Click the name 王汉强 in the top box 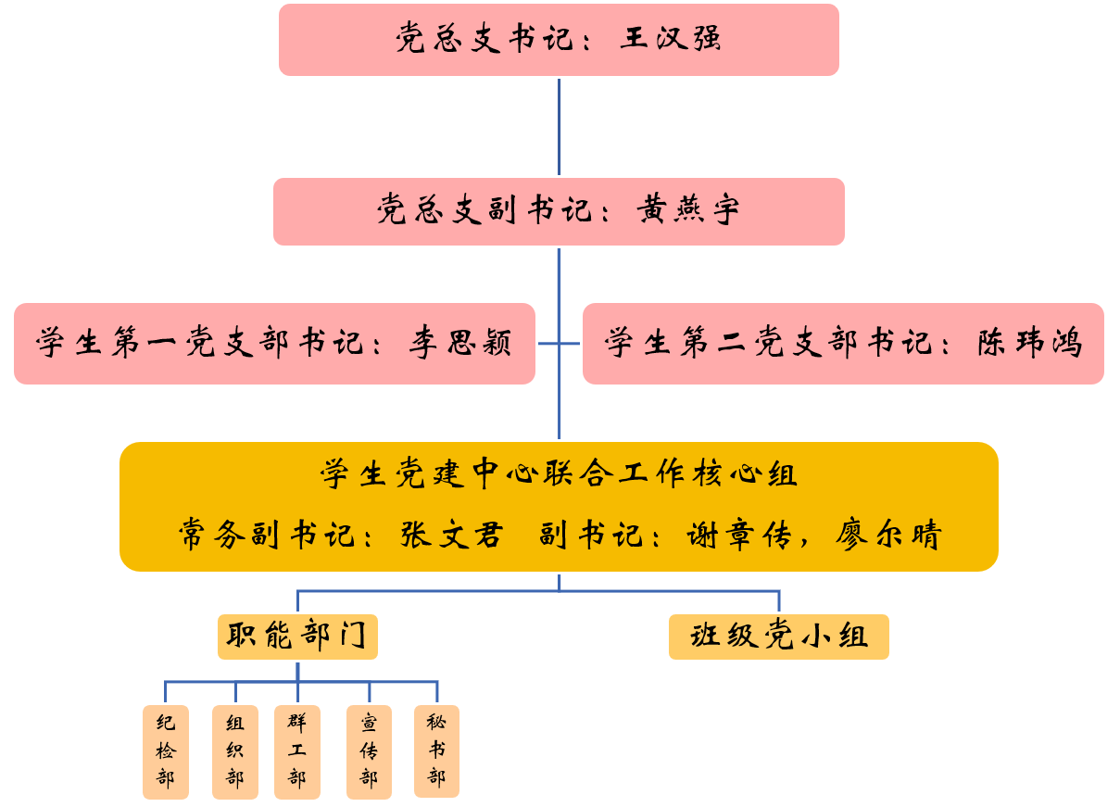click(x=671, y=39)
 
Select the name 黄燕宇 click(x=688, y=210)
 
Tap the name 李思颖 click(x=460, y=344)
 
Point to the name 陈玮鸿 click(x=1030, y=344)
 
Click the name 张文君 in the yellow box click(x=451, y=536)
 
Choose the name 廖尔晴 click(x=888, y=536)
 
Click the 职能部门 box click(x=297, y=637)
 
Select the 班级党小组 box click(x=778, y=637)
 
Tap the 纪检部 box click(x=166, y=751)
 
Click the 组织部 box click(x=235, y=751)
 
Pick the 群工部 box click(x=297, y=751)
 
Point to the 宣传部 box click(x=369, y=751)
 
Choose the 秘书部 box click(x=436, y=750)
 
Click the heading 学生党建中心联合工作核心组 click(x=559, y=474)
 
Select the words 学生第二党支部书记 click(x=767, y=344)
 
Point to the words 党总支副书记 click(x=484, y=210)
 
